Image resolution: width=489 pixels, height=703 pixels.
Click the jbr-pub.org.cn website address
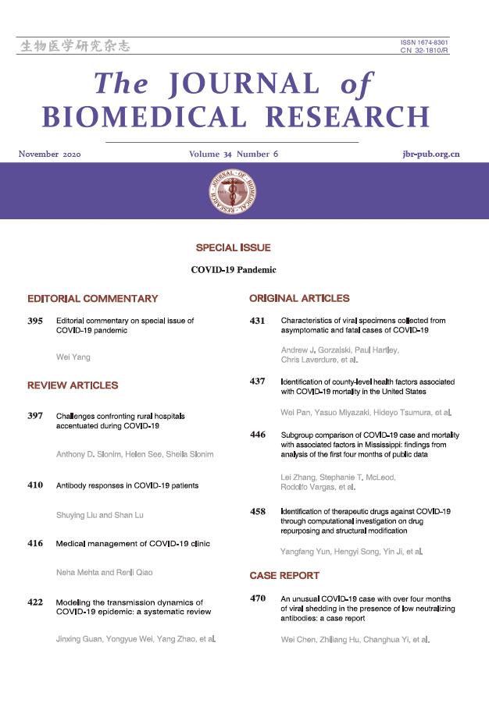(x=426, y=154)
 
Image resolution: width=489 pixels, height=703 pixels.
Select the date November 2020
(x=50, y=154)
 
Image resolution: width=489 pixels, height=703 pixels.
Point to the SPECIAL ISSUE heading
(x=234, y=247)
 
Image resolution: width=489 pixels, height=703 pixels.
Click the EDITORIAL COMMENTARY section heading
(x=92, y=298)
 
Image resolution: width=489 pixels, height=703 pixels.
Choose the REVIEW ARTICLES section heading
(x=73, y=385)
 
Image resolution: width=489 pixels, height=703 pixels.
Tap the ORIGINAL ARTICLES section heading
(x=299, y=298)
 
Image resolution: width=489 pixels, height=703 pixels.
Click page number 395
(x=35, y=321)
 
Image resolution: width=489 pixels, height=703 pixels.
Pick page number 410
(x=35, y=485)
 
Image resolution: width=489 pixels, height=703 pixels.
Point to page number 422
(x=35, y=602)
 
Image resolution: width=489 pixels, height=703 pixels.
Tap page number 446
(x=258, y=434)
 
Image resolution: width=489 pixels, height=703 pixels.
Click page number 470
(x=258, y=598)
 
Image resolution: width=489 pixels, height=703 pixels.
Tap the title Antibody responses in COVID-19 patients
(x=127, y=485)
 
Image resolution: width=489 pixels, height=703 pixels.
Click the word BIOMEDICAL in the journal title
(x=146, y=116)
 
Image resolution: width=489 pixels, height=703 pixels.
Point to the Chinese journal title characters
(x=74, y=46)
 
